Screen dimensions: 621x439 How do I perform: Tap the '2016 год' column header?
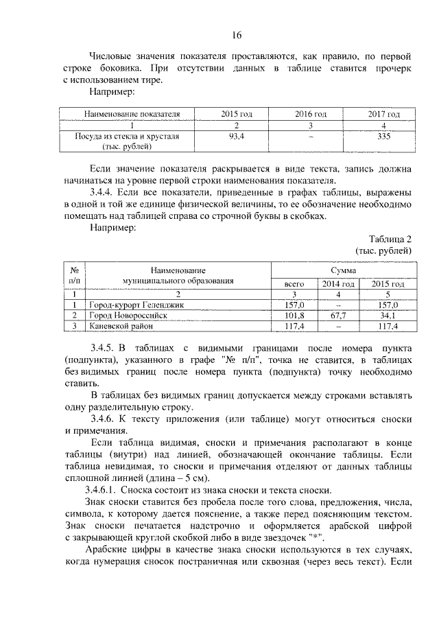[310, 113]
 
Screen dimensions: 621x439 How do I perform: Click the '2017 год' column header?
[383, 113]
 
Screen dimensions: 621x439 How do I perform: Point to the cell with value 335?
[383, 137]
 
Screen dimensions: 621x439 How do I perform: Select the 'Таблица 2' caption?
[390, 239]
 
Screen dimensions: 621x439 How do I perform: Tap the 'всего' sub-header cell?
[294, 283]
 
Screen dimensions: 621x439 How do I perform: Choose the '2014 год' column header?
[338, 283]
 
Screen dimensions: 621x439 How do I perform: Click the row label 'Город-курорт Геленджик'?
[135, 304]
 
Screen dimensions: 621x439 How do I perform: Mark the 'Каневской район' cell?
[120, 326]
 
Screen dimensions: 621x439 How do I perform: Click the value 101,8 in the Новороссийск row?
[294, 315]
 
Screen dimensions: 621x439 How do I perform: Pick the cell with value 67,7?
[338, 315]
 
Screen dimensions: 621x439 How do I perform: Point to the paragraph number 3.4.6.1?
[108, 489]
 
